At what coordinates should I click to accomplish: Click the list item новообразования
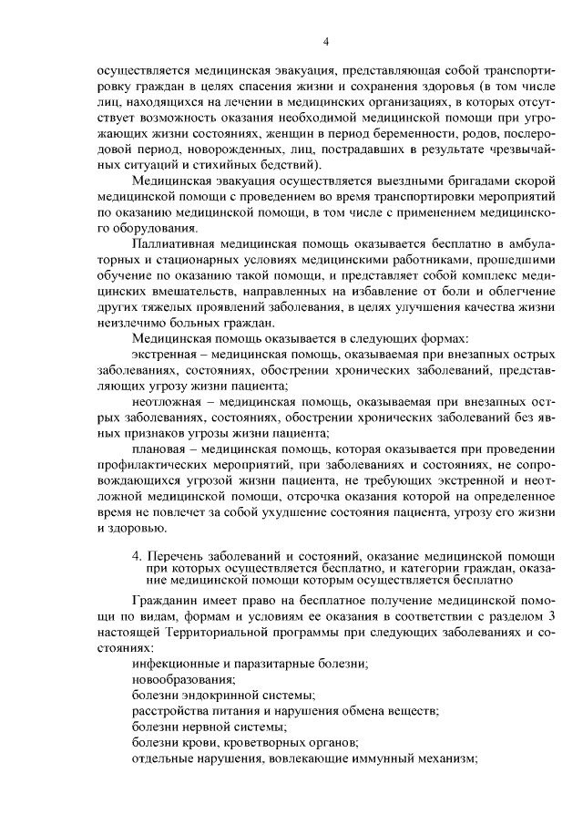click(183, 678)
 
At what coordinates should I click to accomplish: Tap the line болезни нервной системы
click(209, 727)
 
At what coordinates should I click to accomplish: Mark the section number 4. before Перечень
click(137, 555)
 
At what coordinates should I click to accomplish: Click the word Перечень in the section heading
click(177, 555)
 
